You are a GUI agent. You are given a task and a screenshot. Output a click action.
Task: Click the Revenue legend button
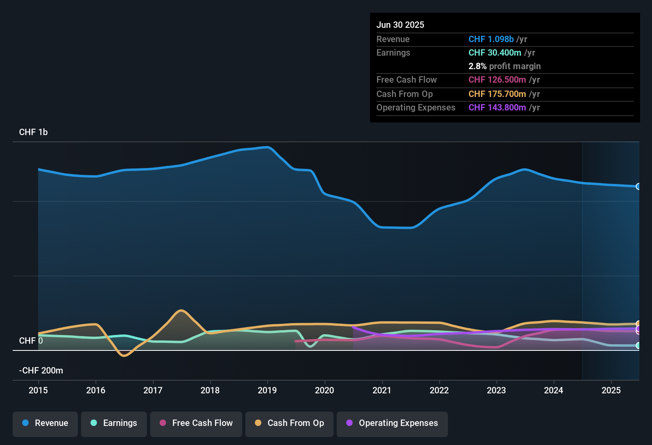[45, 423]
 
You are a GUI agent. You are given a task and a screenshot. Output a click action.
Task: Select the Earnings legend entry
[114, 423]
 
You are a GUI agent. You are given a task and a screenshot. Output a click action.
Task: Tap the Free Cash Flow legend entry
[196, 423]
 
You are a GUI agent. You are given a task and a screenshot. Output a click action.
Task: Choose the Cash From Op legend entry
[289, 423]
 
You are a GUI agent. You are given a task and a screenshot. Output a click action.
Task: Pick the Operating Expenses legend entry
[392, 423]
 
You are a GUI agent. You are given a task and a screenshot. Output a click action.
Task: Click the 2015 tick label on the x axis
[38, 390]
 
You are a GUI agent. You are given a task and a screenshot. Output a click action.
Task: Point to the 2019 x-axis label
[267, 390]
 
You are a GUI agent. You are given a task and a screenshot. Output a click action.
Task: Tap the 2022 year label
[439, 390]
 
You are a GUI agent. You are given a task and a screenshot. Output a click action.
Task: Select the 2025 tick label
[611, 390]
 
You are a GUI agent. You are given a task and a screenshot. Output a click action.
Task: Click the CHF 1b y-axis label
[33, 132]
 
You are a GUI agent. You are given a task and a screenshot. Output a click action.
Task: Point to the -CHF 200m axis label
[41, 371]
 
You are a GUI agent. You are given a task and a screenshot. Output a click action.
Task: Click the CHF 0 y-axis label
[31, 341]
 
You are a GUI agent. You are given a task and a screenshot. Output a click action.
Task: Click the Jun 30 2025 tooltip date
[400, 25]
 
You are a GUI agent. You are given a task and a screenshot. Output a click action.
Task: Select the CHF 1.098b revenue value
[491, 39]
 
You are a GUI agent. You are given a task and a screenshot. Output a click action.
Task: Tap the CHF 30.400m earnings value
[495, 53]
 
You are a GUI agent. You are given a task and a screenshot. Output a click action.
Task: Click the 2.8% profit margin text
[504, 66]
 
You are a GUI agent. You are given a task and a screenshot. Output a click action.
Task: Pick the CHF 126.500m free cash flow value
[497, 80]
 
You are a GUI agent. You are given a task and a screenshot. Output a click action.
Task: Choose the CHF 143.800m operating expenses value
[497, 108]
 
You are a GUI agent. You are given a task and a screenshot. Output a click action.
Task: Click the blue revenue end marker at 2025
[638, 186]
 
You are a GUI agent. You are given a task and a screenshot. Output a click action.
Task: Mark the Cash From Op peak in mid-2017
[181, 310]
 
